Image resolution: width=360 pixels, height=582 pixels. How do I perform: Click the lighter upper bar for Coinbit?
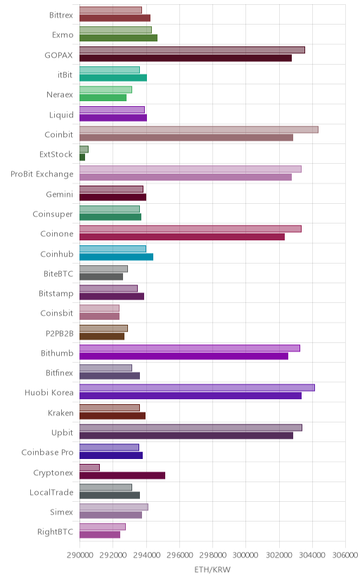pyautogui.click(x=198, y=129)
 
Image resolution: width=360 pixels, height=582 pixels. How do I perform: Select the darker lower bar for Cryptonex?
pyautogui.click(x=122, y=475)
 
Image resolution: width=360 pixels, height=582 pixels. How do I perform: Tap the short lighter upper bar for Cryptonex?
pyautogui.click(x=89, y=467)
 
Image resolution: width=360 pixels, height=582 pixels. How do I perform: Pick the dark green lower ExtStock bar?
pyautogui.click(x=82, y=157)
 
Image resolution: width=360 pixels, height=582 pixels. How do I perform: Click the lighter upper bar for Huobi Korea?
pyautogui.click(x=197, y=388)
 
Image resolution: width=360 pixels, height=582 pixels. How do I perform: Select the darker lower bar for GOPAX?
pyautogui.click(x=186, y=58)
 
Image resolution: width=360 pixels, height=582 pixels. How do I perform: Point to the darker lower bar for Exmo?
pyautogui.click(x=118, y=38)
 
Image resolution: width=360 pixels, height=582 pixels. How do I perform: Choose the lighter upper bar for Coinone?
pyautogui.click(x=191, y=229)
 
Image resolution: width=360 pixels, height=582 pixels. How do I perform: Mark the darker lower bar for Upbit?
pyautogui.click(x=186, y=436)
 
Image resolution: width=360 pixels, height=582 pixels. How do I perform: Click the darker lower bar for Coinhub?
pyautogui.click(x=116, y=257)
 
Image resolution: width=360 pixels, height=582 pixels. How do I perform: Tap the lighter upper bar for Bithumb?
pyautogui.click(x=190, y=348)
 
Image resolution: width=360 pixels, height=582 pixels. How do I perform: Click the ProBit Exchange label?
pyautogui.click(x=42, y=174)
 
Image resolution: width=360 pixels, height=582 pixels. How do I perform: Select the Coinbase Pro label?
pyautogui.click(x=48, y=453)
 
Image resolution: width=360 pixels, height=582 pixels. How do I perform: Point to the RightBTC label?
pyautogui.click(x=56, y=532)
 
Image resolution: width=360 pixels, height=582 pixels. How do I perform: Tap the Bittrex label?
pyautogui.click(x=61, y=15)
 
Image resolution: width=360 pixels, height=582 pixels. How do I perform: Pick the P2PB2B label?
pyautogui.click(x=59, y=333)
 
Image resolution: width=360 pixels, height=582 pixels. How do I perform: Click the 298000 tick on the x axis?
pyautogui.click(x=212, y=555)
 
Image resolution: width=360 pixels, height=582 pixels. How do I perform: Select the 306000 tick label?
pyautogui.click(x=345, y=555)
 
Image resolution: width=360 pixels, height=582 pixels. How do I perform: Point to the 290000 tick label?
pyautogui.click(x=79, y=555)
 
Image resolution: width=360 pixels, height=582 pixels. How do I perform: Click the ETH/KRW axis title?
pyautogui.click(x=212, y=570)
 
